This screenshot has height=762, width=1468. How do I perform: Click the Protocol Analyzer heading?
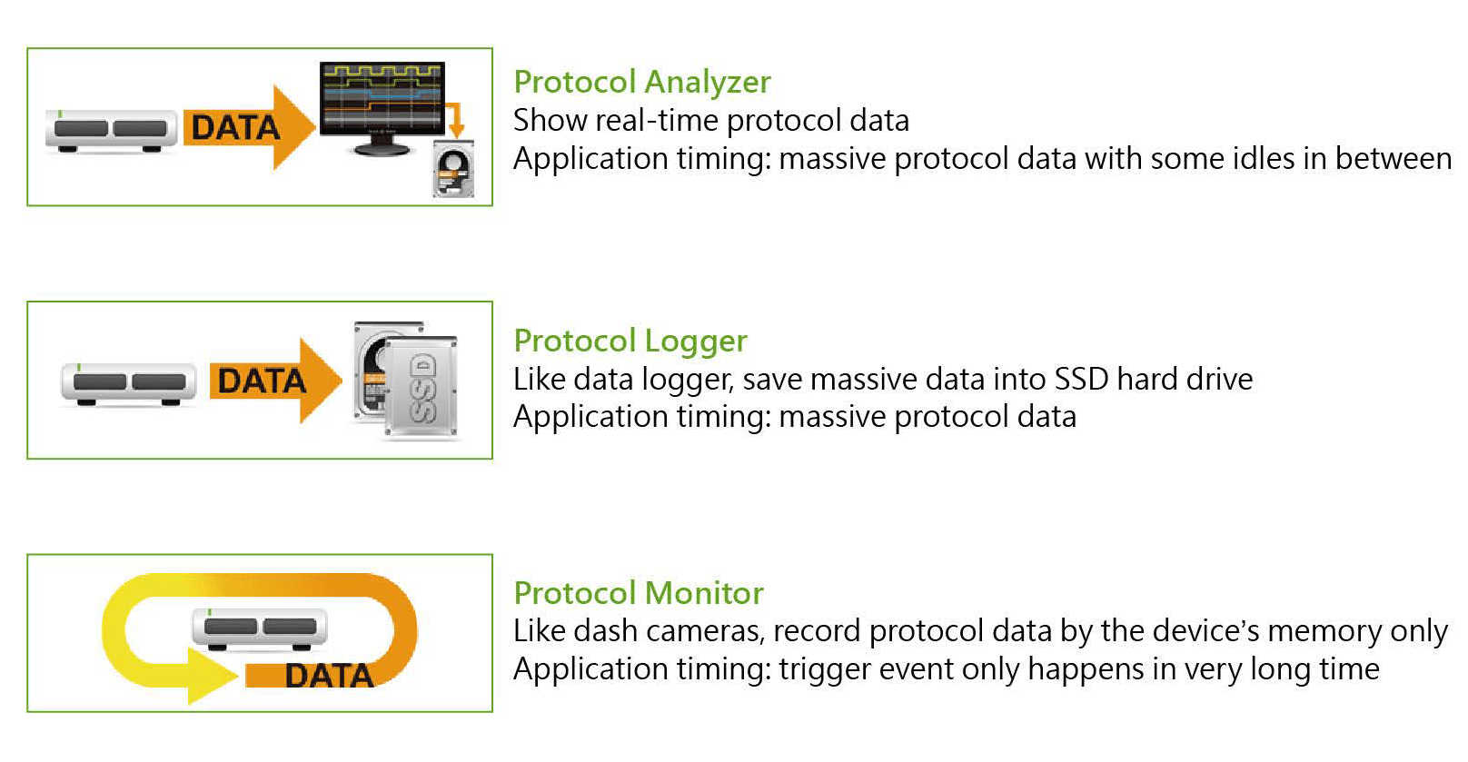pyautogui.click(x=641, y=83)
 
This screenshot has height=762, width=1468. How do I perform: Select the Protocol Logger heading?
pyautogui.click(x=630, y=341)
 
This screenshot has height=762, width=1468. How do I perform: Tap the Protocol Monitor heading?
pyautogui.click(x=639, y=593)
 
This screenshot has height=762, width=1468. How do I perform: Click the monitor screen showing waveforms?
pyautogui.click(x=382, y=98)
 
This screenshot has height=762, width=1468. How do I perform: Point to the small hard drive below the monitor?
pyautogui.click(x=453, y=169)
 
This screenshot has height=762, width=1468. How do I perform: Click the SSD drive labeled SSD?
pyautogui.click(x=421, y=387)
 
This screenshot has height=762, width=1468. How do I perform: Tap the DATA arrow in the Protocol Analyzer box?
pyautogui.click(x=249, y=126)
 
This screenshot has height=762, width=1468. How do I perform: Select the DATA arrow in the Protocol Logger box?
pyautogui.click(x=275, y=381)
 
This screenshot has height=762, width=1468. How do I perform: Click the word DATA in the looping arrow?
pyautogui.click(x=329, y=676)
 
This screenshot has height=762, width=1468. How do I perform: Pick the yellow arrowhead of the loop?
pyautogui.click(x=211, y=676)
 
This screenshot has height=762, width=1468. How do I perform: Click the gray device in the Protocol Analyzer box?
pyautogui.click(x=111, y=131)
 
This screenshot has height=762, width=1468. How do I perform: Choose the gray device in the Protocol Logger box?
pyautogui.click(x=128, y=384)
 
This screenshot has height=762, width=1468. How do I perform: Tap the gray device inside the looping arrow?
pyautogui.click(x=260, y=629)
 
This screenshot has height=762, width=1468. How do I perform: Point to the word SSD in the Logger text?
pyautogui.click(x=1081, y=380)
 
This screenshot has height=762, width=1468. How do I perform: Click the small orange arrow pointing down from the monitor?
pyautogui.click(x=454, y=119)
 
